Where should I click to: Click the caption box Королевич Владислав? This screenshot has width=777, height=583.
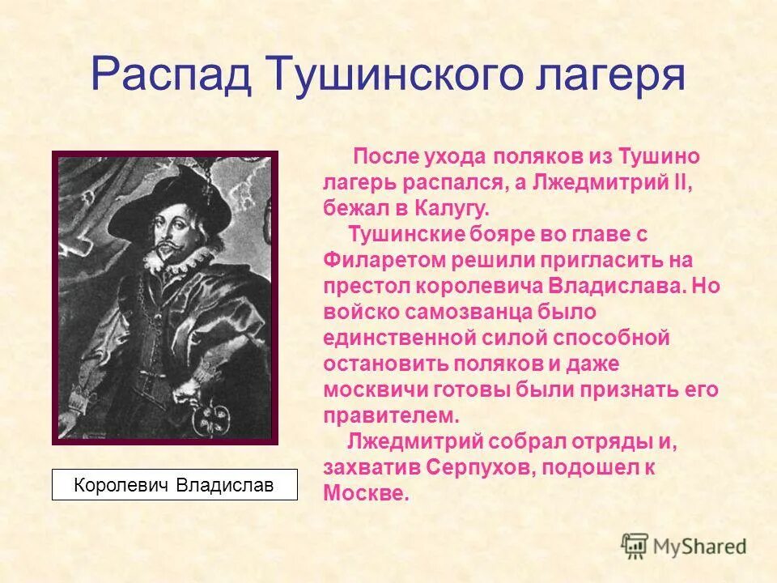(174, 485)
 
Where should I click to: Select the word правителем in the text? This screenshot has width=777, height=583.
(391, 415)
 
